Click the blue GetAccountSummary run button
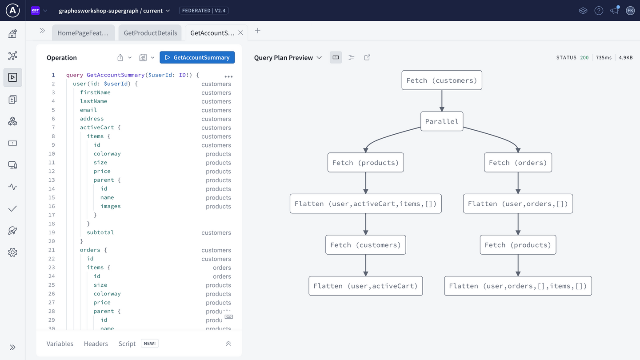(x=197, y=57)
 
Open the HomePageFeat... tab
(x=83, y=33)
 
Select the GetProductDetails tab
(x=150, y=33)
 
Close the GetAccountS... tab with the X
(x=240, y=33)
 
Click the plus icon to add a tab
(x=257, y=31)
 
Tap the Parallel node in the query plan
(x=442, y=121)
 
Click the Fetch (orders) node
(x=518, y=163)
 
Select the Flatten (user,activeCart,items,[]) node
(x=366, y=204)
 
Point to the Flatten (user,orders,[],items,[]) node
(x=518, y=286)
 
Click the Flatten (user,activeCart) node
(x=366, y=286)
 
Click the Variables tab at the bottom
(x=60, y=344)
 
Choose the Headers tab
(x=96, y=344)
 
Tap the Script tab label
(x=127, y=344)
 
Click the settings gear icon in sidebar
(x=12, y=252)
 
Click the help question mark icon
(x=599, y=11)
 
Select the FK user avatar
(x=630, y=11)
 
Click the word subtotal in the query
(x=100, y=232)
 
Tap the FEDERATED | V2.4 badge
(x=204, y=11)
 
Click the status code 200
(x=584, y=58)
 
